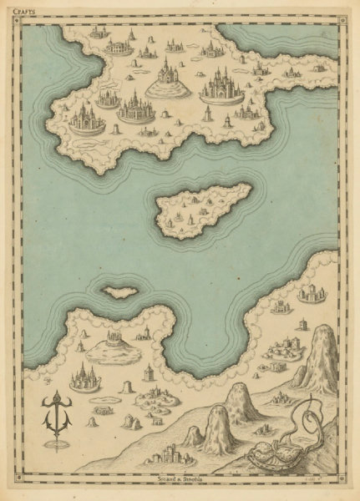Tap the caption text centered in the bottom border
point(180,481)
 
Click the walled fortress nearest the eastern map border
point(310,293)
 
